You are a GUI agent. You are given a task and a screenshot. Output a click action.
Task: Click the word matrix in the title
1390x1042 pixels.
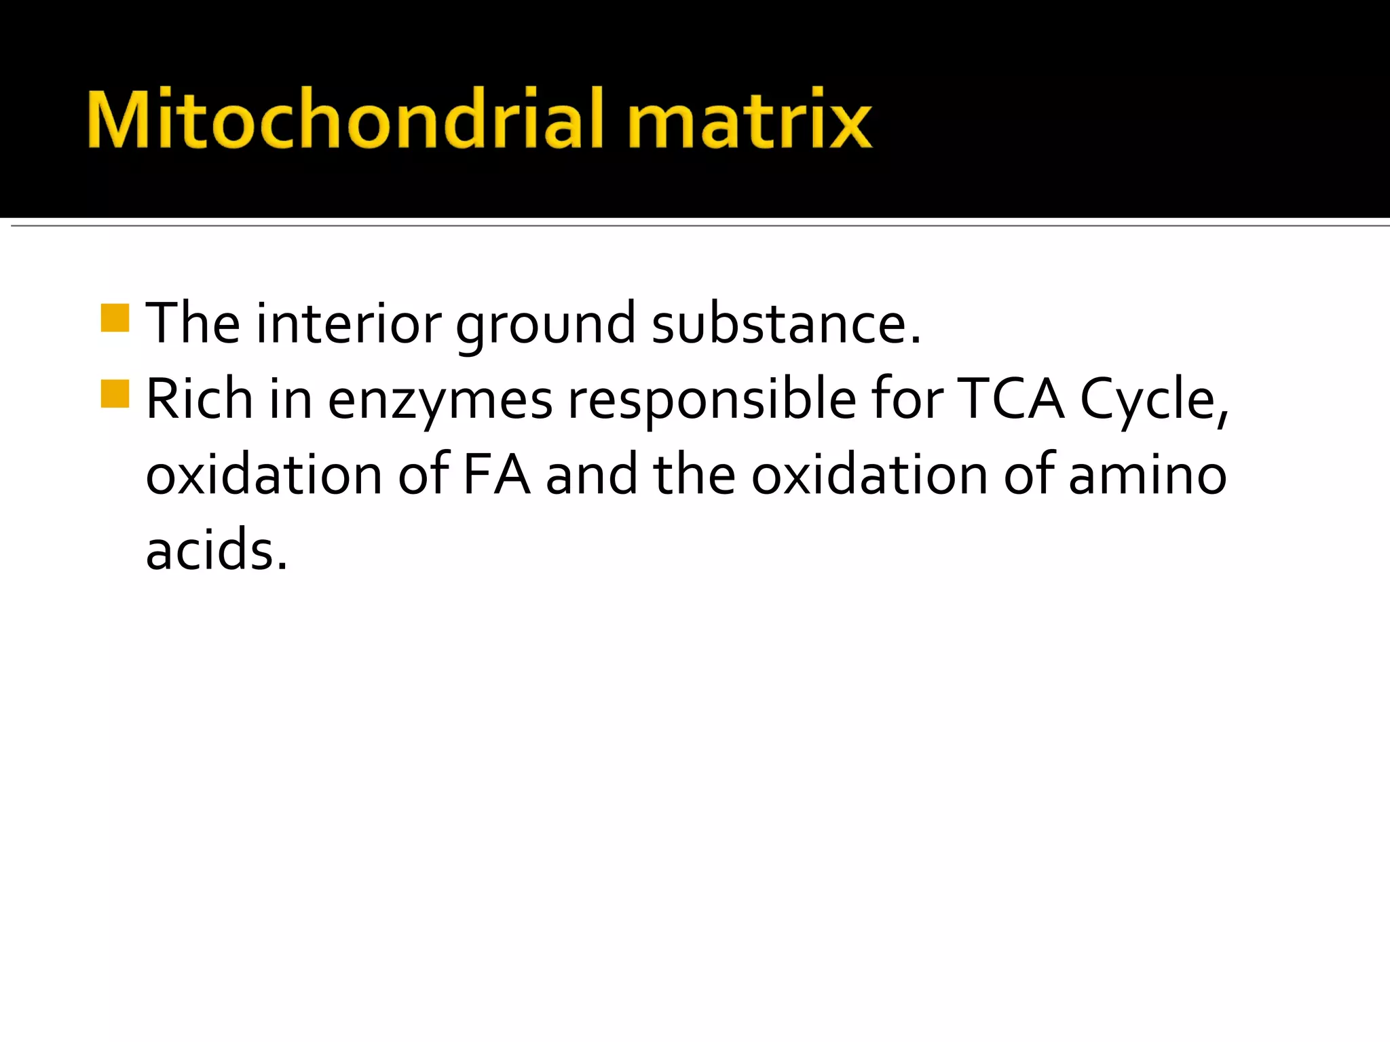(749, 119)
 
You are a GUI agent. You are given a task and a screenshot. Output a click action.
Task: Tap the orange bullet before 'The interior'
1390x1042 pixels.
(115, 318)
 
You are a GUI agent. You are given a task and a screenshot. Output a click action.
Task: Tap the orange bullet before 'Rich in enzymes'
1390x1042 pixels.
(115, 393)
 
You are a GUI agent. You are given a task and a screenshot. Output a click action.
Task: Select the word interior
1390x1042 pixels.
(349, 324)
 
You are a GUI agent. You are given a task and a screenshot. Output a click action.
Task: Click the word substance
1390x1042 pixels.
(785, 324)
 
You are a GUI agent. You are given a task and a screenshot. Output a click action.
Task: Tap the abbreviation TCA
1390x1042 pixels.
(1011, 399)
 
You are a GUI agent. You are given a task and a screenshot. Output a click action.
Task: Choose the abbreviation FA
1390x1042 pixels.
(496, 475)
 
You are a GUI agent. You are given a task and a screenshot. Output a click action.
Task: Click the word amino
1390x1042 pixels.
(1148, 475)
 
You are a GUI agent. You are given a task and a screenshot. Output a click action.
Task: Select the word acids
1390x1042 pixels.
(217, 549)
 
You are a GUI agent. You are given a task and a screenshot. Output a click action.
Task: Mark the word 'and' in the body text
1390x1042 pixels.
(591, 475)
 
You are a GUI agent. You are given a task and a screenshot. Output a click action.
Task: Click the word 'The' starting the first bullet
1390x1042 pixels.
(193, 324)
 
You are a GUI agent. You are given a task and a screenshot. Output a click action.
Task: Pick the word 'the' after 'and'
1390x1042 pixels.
(694, 475)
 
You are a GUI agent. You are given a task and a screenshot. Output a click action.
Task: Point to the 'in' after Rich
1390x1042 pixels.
(290, 399)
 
